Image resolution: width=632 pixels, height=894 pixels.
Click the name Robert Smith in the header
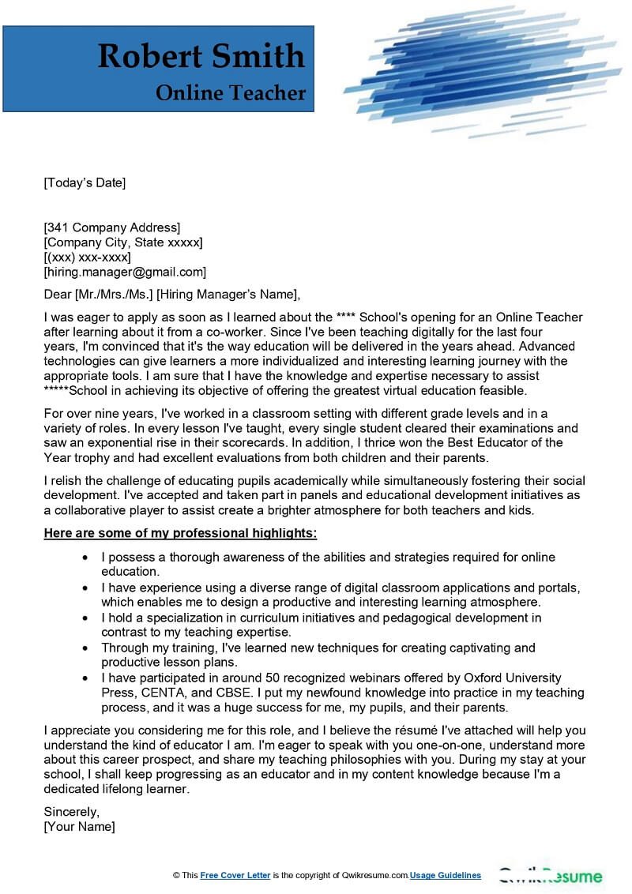tap(201, 57)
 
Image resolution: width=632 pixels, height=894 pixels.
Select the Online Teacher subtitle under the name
tap(231, 93)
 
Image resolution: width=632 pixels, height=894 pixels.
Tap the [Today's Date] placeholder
tap(85, 183)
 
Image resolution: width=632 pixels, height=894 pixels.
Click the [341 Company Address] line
tap(111, 227)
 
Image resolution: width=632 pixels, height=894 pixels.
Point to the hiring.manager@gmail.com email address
tap(125, 272)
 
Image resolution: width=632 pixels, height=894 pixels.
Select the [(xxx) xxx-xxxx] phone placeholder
tap(87, 257)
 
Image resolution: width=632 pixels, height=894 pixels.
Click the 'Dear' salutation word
tap(58, 295)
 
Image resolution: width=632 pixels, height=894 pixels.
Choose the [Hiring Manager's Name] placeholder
tap(228, 295)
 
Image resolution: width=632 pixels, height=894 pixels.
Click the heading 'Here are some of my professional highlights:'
tap(180, 533)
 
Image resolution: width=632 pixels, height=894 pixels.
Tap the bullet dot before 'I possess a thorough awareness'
tap(85, 557)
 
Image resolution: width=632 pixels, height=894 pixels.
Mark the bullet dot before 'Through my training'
tap(85, 648)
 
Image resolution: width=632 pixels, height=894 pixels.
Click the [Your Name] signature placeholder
tap(79, 826)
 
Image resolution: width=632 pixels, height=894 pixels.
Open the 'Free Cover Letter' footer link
tap(235, 875)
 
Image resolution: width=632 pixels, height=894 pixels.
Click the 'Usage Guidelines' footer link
tap(446, 875)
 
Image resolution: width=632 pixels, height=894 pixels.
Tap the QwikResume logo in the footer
tap(550, 875)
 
